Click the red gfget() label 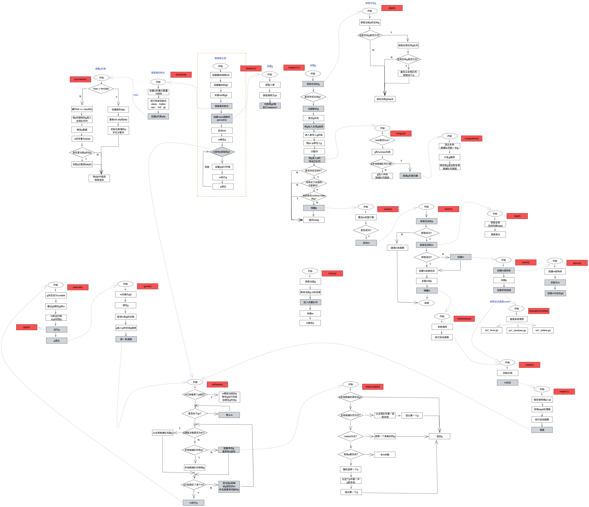click(x=392, y=8)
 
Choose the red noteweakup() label click(x=464, y=319)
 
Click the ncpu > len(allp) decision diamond click(x=101, y=89)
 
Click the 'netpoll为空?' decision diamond click(x=350, y=436)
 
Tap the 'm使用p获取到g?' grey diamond click(x=222, y=152)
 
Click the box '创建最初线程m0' click(x=221, y=75)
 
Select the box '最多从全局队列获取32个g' click(x=408, y=73)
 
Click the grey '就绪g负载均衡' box click(x=410, y=176)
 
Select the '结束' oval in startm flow click(x=427, y=303)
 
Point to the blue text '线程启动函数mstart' click(x=500, y=302)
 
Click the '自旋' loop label click(x=207, y=167)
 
